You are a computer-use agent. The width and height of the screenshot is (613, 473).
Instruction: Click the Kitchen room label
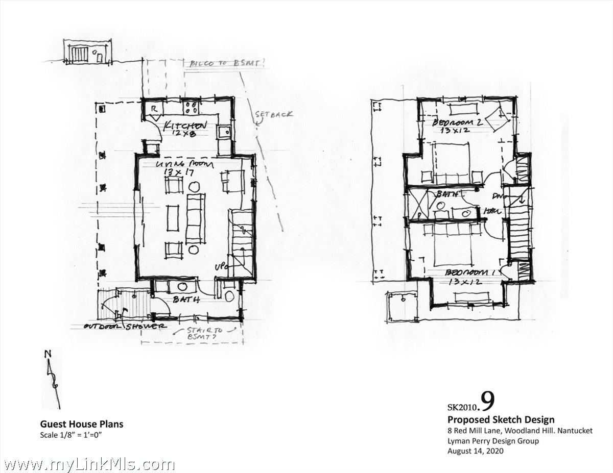click(x=184, y=126)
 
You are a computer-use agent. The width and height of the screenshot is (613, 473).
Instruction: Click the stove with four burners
click(x=192, y=107)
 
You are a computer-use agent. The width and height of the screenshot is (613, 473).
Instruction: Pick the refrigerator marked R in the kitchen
click(x=153, y=110)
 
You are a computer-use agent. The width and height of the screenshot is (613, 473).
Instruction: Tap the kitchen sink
click(x=223, y=133)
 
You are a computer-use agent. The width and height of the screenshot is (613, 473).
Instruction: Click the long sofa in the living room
click(x=195, y=218)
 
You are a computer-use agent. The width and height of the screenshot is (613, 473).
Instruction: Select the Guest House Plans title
click(x=82, y=424)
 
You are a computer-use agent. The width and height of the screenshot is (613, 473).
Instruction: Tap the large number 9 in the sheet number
click(x=487, y=402)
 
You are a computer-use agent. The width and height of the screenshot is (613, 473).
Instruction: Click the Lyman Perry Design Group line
click(x=493, y=441)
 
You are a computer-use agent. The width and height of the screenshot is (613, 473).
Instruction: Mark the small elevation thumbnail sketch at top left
click(x=87, y=53)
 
